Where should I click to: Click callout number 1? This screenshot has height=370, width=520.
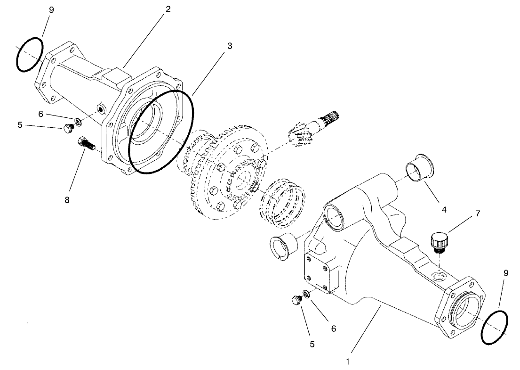coord(347,362)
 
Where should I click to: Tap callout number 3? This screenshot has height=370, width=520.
coord(229,46)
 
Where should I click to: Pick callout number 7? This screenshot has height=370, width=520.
coord(478,214)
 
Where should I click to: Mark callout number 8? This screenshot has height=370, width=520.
coord(66,200)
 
